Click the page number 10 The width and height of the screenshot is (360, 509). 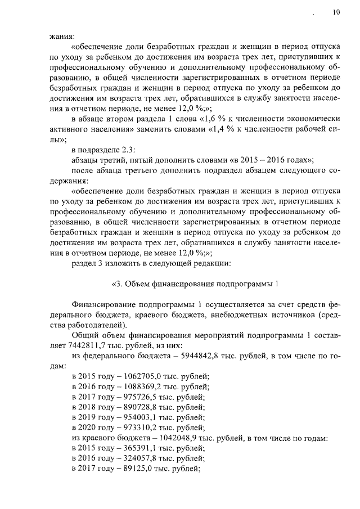(x=336, y=10)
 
